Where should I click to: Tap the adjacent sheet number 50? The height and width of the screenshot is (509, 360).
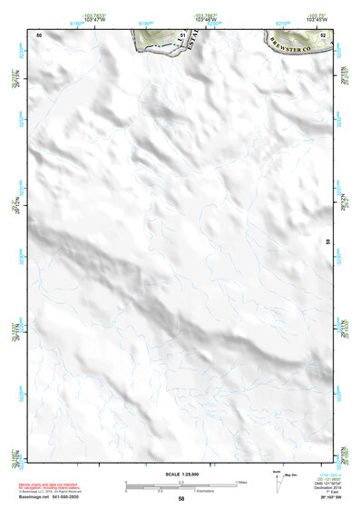[39, 34]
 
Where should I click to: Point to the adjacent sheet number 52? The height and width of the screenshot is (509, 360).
[323, 34]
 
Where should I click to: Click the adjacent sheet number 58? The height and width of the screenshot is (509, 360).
[181, 499]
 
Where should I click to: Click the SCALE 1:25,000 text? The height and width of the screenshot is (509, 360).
[181, 475]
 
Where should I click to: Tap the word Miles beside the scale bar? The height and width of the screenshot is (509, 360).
[241, 481]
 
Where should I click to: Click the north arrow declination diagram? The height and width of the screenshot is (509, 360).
[277, 479]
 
